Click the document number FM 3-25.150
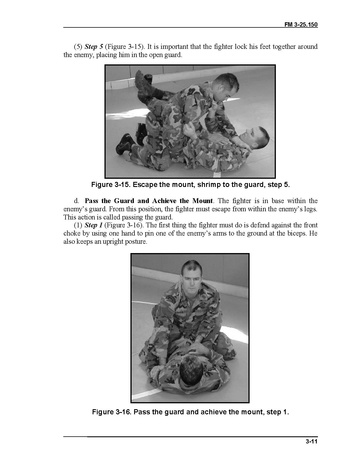[301, 24]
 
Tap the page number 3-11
[311, 442]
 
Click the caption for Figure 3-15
[190, 185]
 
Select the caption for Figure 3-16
[190, 412]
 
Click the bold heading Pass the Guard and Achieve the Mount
[148, 201]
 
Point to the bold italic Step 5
[94, 47]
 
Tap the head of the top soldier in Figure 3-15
[226, 86]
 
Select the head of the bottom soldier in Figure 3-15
[256, 137]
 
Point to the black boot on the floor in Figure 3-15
[124, 144]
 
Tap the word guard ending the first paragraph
[173, 55]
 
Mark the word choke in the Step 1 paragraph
[72, 233]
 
